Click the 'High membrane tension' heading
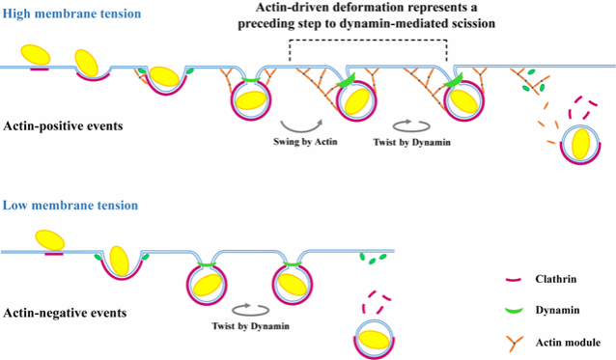[71, 14]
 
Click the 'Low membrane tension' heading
[70, 206]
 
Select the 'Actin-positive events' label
[63, 126]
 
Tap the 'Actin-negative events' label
[65, 313]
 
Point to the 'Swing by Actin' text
[305, 141]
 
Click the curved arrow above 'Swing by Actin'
[301, 129]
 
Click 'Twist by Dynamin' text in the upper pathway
[411, 142]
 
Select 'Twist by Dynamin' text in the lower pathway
[251, 326]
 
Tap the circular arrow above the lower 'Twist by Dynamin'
[251, 310]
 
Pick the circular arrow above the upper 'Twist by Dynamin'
[411, 126]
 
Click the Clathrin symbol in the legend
[514, 280]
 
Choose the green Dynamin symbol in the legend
[514, 311]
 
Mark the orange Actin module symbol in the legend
[514, 343]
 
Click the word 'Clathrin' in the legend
[556, 279]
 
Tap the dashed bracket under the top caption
[368, 40]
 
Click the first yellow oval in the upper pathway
[36, 55]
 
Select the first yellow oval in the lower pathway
[50, 240]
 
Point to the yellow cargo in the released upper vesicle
[580, 144]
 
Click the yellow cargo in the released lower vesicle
[375, 340]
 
